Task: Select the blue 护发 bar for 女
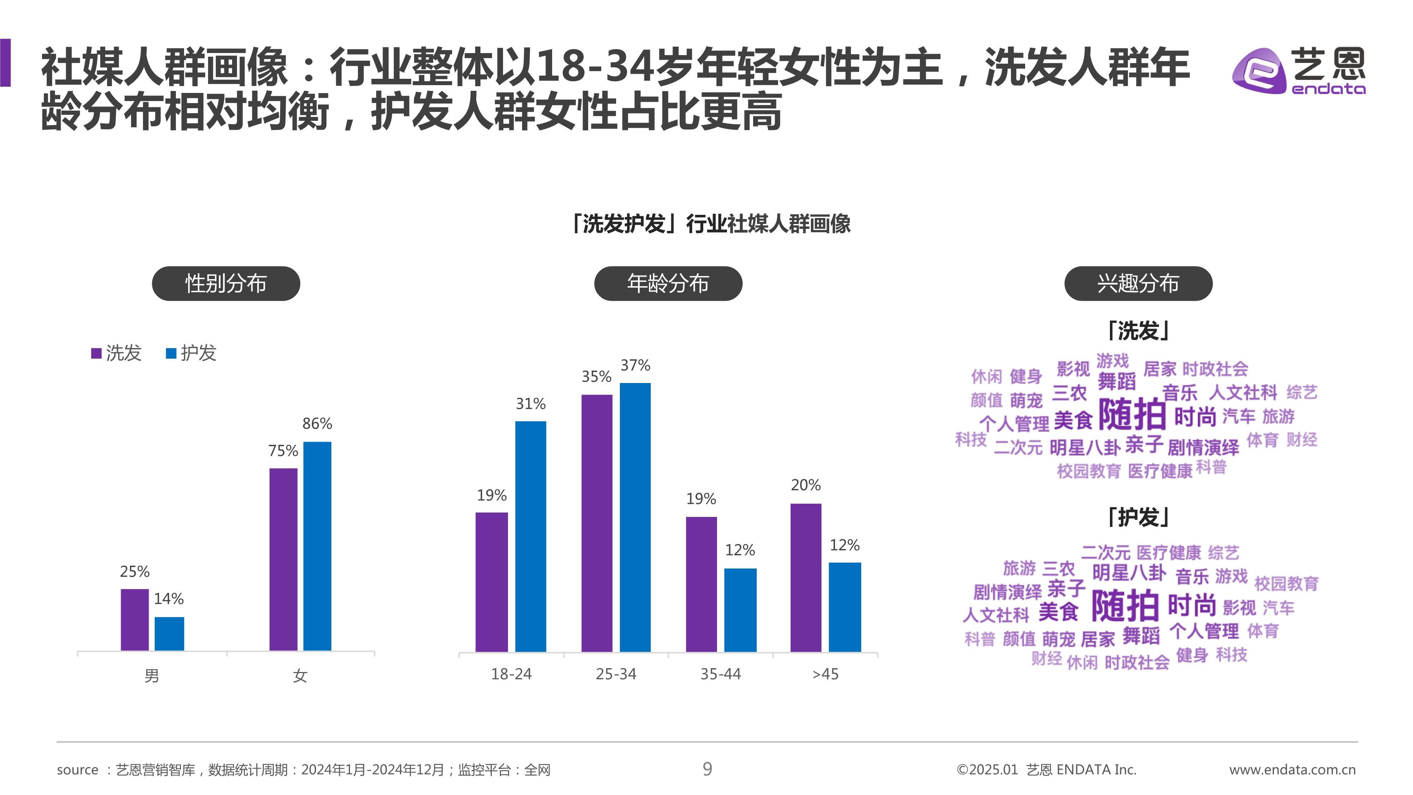pos(317,546)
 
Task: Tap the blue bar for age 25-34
pos(635,517)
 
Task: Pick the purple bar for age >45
pos(805,577)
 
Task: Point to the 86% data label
pos(317,424)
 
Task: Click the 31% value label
pos(531,404)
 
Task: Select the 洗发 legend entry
pos(116,353)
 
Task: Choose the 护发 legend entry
pos(191,353)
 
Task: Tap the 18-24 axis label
pos(511,674)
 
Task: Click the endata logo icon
pos(1259,71)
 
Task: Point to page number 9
pos(707,768)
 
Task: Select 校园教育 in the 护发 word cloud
pos(1286,583)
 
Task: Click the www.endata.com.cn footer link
pos(1292,770)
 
